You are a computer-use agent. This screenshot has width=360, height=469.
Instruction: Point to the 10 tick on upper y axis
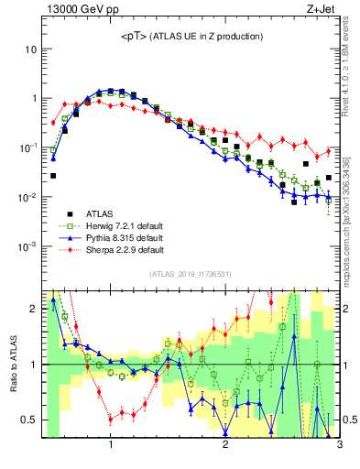(30, 48)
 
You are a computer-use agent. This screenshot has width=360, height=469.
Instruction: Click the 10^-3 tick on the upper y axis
(28, 247)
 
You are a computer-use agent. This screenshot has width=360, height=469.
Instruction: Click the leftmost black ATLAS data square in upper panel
(53, 175)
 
